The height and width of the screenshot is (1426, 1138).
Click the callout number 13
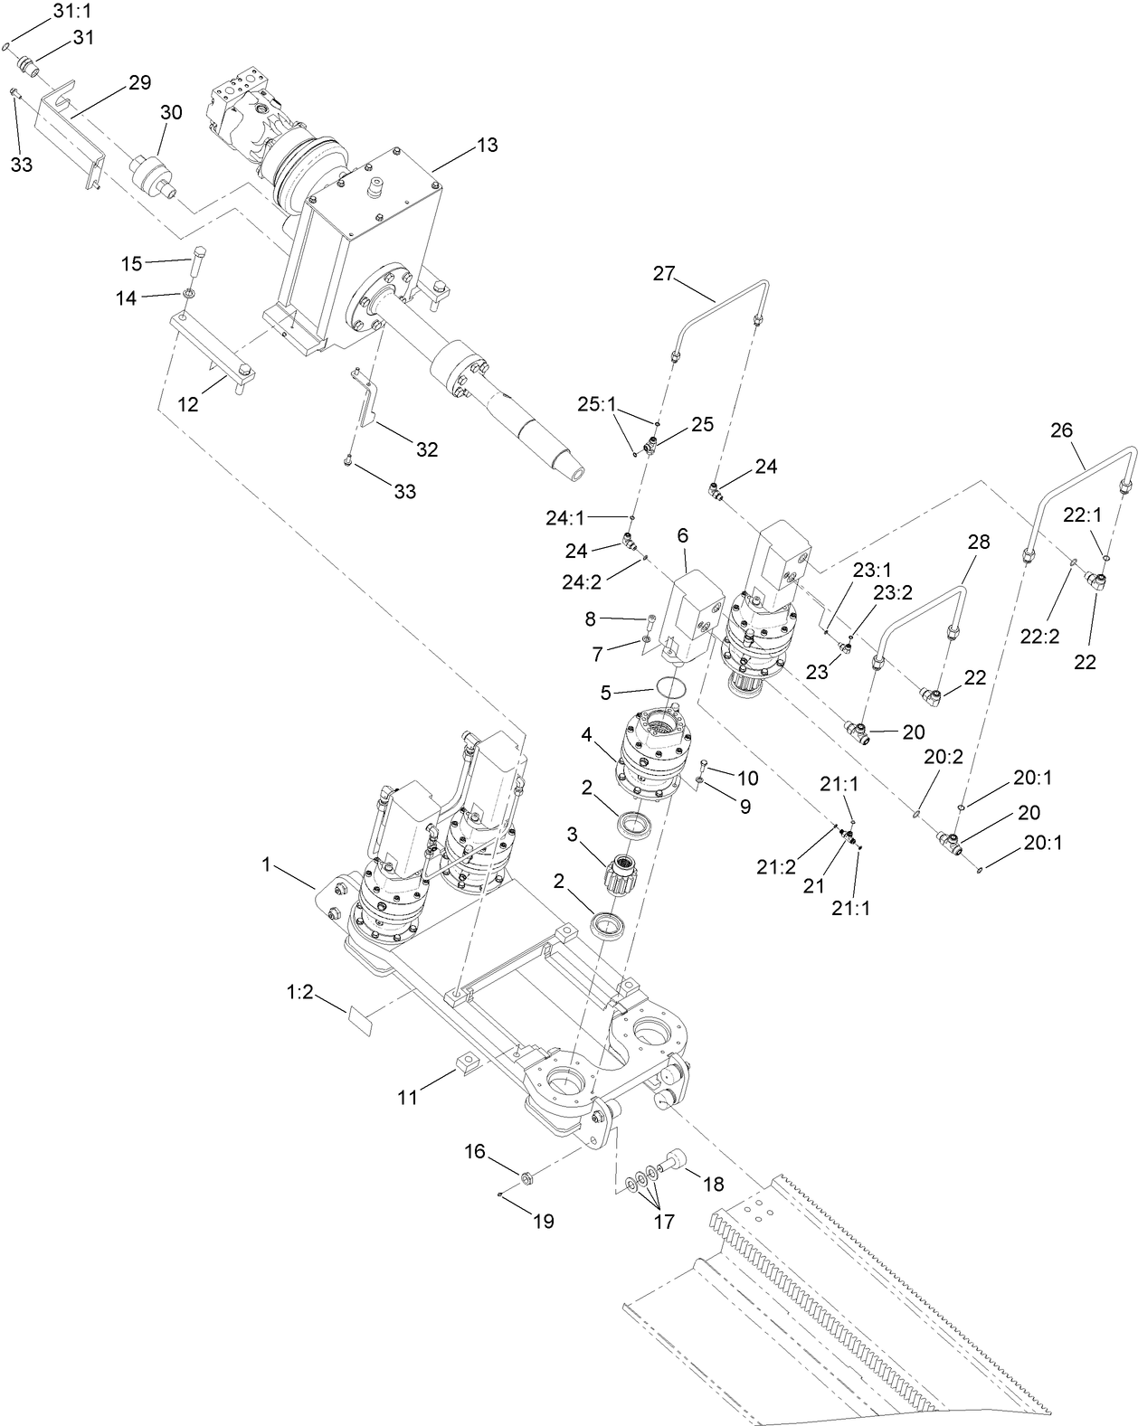(x=487, y=145)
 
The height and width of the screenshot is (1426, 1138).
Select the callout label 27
(x=664, y=273)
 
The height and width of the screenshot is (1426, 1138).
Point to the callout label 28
(x=979, y=542)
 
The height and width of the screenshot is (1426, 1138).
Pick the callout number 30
(x=171, y=112)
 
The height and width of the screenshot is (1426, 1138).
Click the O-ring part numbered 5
(x=670, y=686)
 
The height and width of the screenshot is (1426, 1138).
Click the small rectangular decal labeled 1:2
(x=361, y=1021)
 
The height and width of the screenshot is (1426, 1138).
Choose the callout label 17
(x=663, y=1222)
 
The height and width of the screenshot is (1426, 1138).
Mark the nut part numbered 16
(x=526, y=1177)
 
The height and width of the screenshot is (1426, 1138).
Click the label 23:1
(x=871, y=570)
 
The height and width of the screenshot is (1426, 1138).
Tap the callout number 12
(x=187, y=404)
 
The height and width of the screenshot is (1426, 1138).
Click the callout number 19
(x=543, y=1222)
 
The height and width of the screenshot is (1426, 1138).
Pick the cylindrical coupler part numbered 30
(x=150, y=175)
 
